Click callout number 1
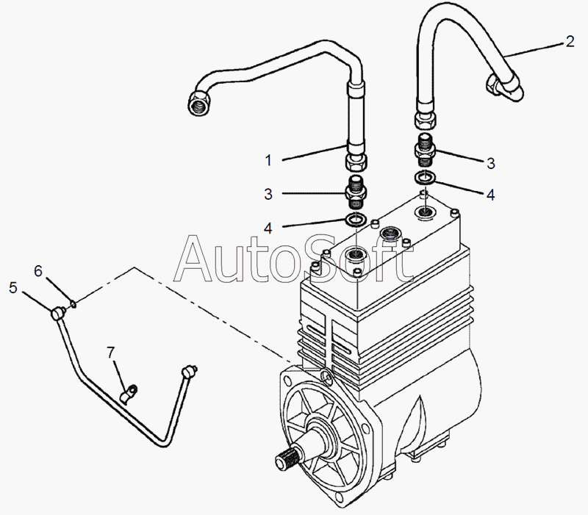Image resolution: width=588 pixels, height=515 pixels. click(269, 159)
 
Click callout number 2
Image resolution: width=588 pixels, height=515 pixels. click(569, 42)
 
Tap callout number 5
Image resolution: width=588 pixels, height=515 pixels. click(13, 288)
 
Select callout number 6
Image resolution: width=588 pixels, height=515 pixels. click(37, 271)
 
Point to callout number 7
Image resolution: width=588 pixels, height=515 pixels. click(111, 353)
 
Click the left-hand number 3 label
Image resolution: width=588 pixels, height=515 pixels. click(269, 194)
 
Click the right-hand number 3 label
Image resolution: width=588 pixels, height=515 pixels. click(490, 162)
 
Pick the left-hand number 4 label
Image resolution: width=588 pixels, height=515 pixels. click(269, 228)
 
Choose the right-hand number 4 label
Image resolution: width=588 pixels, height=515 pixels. click(490, 195)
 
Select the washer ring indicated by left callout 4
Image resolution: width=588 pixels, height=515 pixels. click(356, 220)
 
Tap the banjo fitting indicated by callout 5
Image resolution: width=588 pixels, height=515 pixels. click(58, 314)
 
